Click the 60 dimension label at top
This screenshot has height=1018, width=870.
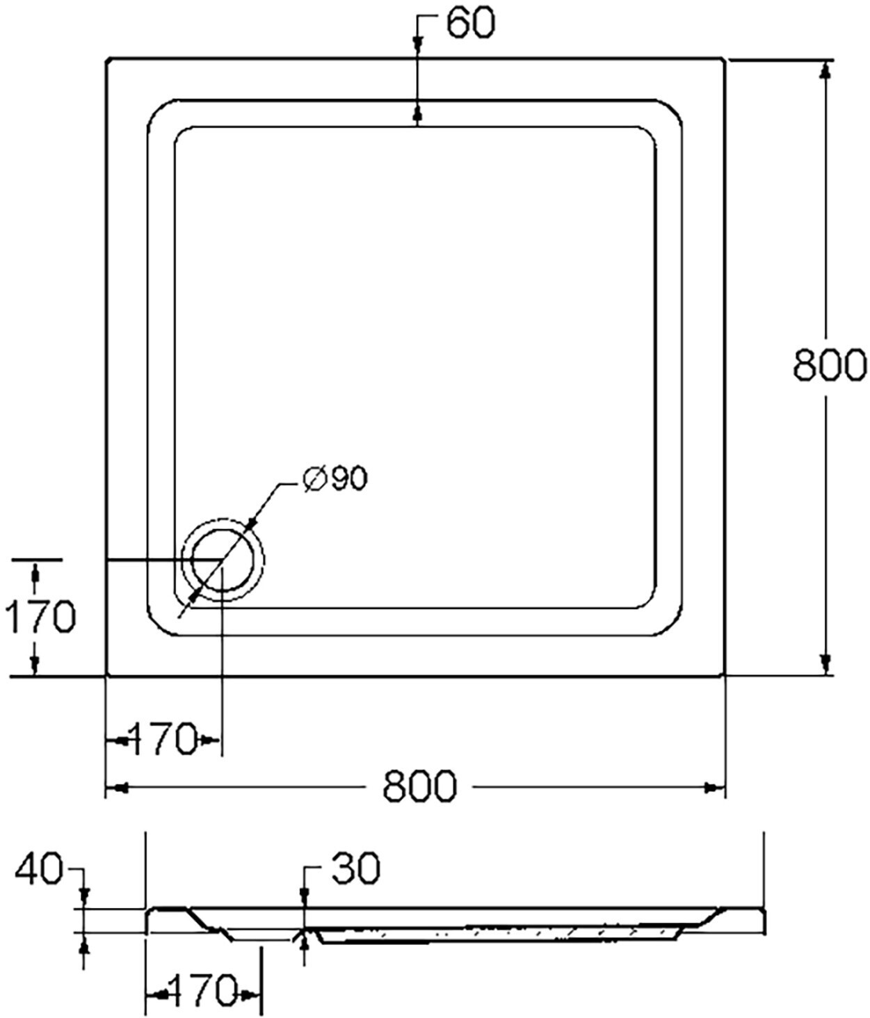(470, 23)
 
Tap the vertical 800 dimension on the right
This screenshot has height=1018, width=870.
(830, 365)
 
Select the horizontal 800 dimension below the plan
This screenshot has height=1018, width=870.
(419, 786)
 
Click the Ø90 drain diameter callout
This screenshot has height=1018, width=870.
(335, 478)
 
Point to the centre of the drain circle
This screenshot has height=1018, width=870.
(223, 560)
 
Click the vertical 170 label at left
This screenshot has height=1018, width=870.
(40, 616)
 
